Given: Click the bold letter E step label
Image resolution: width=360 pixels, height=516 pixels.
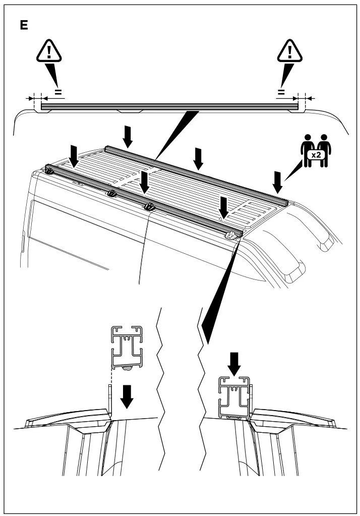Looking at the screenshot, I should [24, 26].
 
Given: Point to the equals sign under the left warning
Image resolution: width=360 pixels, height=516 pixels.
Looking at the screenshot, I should [58, 92].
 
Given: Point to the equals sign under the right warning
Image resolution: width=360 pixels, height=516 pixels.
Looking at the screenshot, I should [281, 92].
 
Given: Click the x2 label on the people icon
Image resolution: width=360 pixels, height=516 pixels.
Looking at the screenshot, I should [316, 155].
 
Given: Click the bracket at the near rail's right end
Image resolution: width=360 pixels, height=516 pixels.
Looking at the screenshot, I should [232, 234].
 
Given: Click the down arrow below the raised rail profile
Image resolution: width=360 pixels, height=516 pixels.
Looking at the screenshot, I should [128, 396].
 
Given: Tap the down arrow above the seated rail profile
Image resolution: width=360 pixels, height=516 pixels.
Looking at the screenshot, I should [234, 362].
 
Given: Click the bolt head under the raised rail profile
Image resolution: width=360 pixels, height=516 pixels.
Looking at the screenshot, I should [128, 369].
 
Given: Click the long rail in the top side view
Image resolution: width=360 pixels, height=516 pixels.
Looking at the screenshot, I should [169, 107].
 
